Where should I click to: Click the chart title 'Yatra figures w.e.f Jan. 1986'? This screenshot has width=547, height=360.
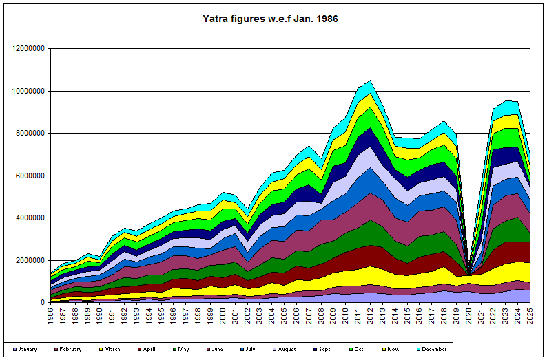(271, 19)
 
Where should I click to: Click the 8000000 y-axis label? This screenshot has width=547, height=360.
(30, 133)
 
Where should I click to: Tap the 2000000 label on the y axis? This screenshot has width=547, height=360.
(30, 260)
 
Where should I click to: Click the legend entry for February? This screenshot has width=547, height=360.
(67, 349)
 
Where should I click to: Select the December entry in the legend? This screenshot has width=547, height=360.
(435, 349)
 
